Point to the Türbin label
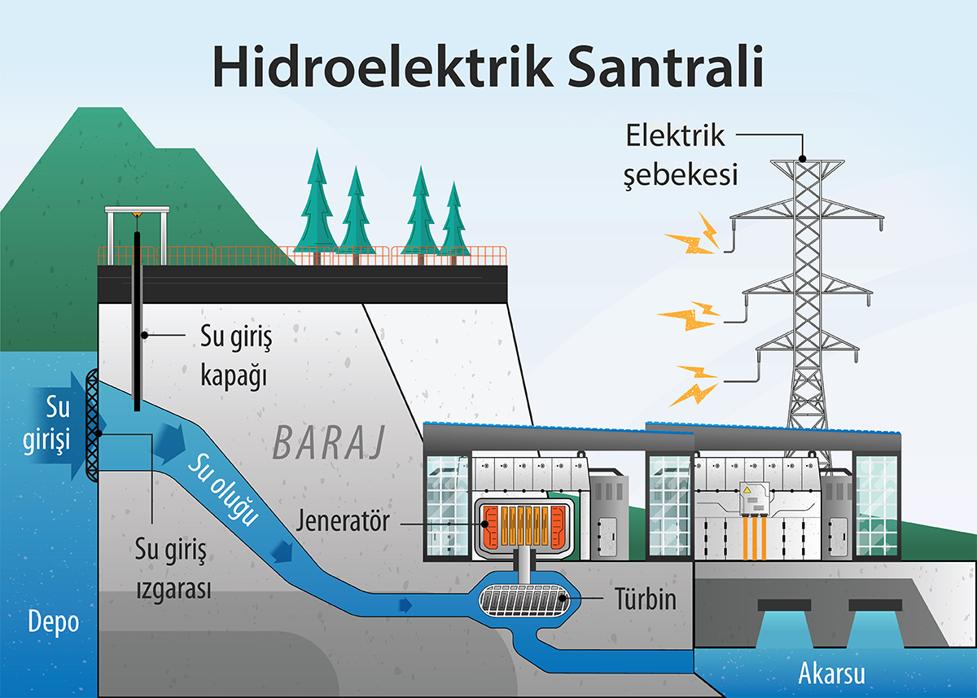[645, 601]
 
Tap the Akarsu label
[830, 673]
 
